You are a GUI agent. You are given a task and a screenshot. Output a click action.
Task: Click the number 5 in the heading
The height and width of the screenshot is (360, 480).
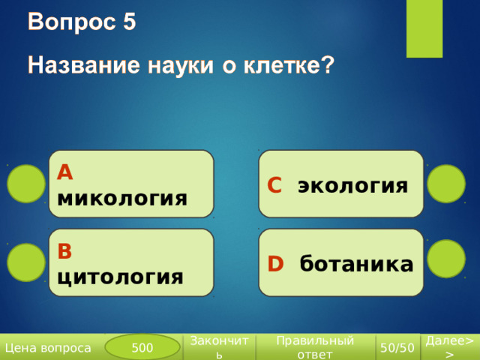pyautogui.click(x=130, y=22)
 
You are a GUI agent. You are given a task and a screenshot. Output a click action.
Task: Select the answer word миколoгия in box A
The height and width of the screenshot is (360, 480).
pyautogui.click(x=122, y=198)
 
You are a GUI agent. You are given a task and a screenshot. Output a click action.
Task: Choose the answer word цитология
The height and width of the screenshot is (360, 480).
pyautogui.click(x=120, y=277)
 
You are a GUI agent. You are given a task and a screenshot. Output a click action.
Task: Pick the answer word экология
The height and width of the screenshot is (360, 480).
pyautogui.click(x=353, y=186)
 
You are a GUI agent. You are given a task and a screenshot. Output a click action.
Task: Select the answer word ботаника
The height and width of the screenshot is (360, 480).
pyautogui.click(x=356, y=263)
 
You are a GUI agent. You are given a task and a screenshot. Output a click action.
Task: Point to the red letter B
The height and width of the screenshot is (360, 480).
pyautogui.click(x=64, y=251)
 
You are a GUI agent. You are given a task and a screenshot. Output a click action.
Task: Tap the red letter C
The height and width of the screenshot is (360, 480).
pyautogui.click(x=274, y=185)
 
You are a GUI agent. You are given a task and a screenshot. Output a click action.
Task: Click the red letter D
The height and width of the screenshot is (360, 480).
pyautogui.click(x=275, y=263)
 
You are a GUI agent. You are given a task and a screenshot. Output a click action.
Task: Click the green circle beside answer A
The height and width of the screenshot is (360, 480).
pyautogui.click(x=26, y=184)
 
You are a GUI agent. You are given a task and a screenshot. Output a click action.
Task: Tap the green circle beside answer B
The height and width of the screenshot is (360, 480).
pyautogui.click(x=26, y=262)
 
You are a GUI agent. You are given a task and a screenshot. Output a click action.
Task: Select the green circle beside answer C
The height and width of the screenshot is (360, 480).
pyautogui.click(x=446, y=184)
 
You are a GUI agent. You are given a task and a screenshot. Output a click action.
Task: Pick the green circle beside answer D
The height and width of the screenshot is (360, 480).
pyautogui.click(x=446, y=259)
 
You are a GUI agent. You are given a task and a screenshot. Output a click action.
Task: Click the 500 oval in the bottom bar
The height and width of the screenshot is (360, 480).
pyautogui.click(x=142, y=347)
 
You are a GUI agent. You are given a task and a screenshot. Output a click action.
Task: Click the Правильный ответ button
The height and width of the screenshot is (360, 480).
pyautogui.click(x=315, y=347)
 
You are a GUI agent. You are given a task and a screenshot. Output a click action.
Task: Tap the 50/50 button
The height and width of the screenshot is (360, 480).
pyautogui.click(x=397, y=347)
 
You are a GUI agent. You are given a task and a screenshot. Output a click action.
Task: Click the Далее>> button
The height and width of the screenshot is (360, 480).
pyautogui.click(x=450, y=347)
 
